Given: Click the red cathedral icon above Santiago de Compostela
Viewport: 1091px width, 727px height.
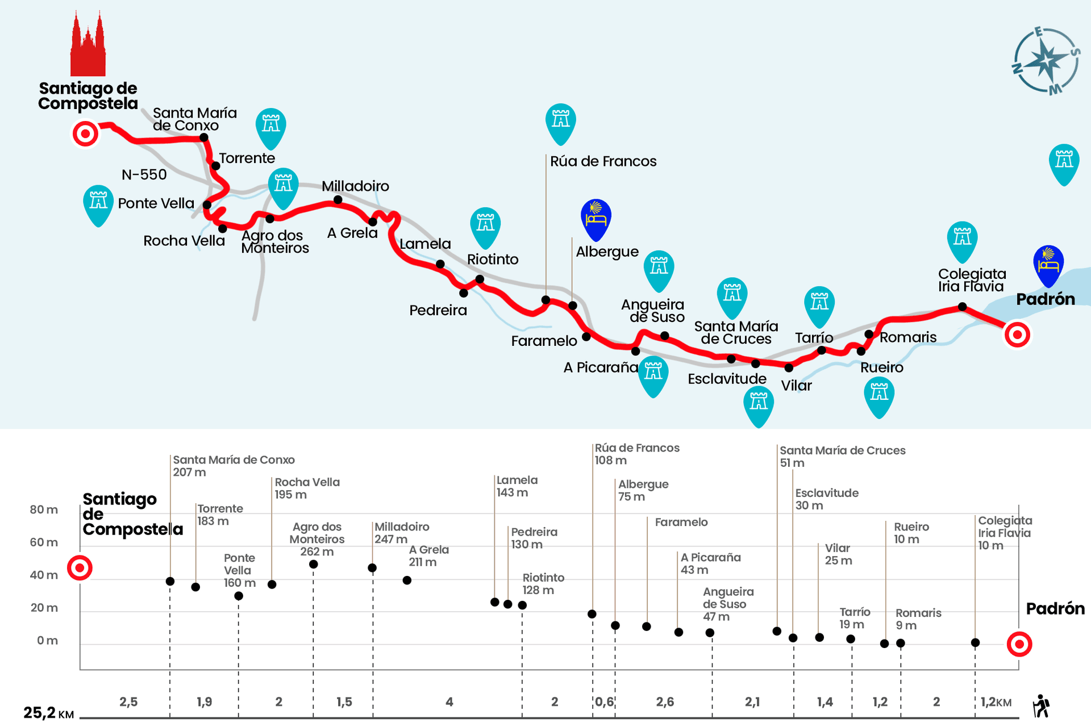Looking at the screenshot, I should point(88,45).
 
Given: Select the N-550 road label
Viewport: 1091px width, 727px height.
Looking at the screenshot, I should point(144,175).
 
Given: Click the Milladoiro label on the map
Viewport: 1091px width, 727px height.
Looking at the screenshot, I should point(355,186).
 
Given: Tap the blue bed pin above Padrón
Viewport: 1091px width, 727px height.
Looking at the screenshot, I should point(1048,265).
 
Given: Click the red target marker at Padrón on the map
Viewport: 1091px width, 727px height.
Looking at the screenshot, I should point(1017,335).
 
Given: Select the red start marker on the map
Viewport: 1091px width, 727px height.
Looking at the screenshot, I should point(85,134).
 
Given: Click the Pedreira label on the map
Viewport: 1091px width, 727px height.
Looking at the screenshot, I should point(438,310).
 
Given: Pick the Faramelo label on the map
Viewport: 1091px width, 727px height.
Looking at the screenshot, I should point(544,341).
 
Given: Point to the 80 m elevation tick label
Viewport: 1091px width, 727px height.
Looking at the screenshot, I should point(44,509).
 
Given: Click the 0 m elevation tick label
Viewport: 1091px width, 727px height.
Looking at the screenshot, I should point(47,641).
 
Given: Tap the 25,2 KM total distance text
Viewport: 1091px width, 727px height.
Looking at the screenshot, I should point(49,713).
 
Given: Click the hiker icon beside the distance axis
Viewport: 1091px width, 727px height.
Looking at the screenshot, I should point(1041,706).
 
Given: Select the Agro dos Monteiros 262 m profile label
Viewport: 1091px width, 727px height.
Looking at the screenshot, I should point(317,539).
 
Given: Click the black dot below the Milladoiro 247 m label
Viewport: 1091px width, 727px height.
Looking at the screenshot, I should point(372,568).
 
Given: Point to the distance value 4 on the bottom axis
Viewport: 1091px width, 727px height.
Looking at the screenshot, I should point(449,702).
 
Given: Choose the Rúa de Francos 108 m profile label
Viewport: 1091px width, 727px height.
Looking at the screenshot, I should point(637,454).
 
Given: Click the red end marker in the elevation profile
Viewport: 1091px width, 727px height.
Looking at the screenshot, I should point(1019,644).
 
